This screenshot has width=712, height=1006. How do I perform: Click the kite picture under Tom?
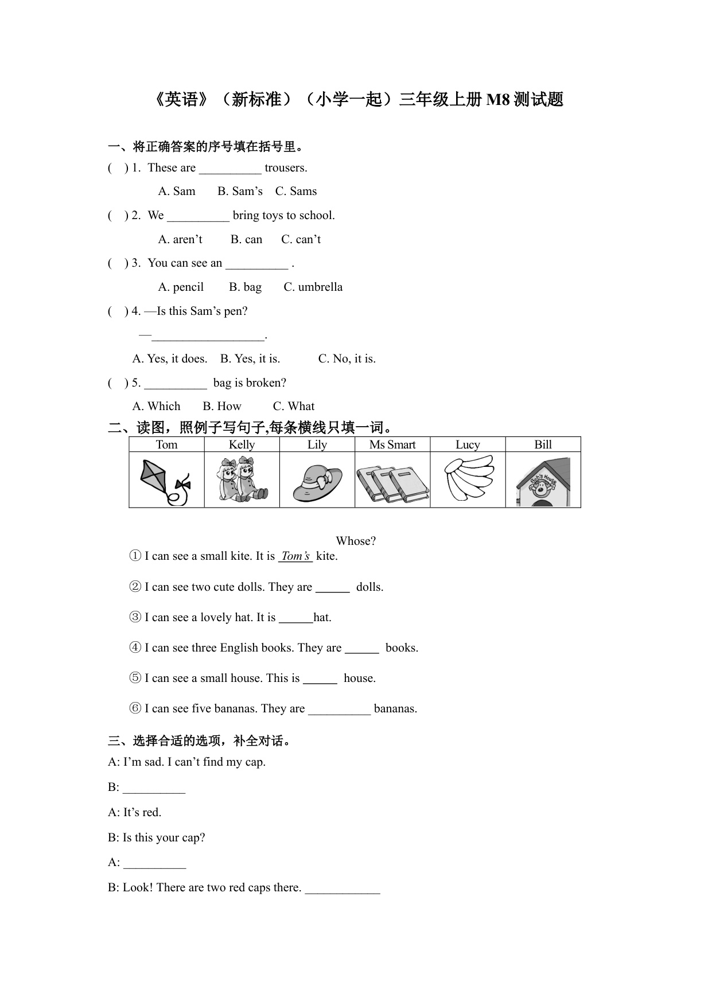pos(165,481)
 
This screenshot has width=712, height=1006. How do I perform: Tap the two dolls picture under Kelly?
pos(242,479)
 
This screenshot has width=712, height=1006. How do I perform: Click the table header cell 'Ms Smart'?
pos(392,444)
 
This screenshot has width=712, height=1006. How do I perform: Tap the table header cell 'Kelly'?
pos(242,444)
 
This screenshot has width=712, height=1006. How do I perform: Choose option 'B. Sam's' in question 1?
pos(240,191)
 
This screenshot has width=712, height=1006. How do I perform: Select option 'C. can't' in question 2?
pos(301,239)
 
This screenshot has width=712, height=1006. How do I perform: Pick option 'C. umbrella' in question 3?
pos(313,287)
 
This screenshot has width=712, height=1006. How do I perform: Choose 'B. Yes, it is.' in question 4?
pos(250,358)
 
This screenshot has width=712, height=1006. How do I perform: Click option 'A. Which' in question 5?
pos(156,406)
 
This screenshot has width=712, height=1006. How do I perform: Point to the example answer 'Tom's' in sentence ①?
pos(295,556)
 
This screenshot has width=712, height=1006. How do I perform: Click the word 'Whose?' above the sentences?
pos(356,541)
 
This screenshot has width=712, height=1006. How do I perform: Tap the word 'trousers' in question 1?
pos(285,167)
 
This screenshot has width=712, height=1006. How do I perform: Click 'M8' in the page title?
pos(497,99)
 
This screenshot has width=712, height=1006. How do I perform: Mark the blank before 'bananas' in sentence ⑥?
pos(339,709)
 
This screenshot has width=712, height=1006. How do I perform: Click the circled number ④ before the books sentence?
pos(135,648)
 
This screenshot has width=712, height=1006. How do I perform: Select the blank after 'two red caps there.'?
pos(343,888)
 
